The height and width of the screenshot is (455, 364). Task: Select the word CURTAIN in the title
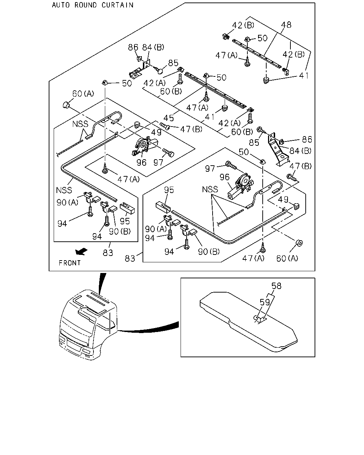point(117,5)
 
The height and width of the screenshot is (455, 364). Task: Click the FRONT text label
point(70,263)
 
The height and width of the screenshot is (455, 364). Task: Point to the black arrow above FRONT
point(81,251)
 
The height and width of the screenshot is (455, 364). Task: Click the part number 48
point(286,25)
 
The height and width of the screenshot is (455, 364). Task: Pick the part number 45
point(168,118)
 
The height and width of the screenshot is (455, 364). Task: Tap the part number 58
point(277,286)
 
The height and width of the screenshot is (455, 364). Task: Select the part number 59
point(265,303)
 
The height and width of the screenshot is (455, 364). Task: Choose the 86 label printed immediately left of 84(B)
point(133,47)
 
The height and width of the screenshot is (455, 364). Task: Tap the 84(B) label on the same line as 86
point(153,47)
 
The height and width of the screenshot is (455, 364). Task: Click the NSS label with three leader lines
point(210,189)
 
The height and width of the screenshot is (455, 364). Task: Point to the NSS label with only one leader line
point(64,190)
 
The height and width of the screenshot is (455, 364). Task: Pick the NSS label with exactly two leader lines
point(80,124)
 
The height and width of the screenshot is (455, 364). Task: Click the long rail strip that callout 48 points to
point(257,53)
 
